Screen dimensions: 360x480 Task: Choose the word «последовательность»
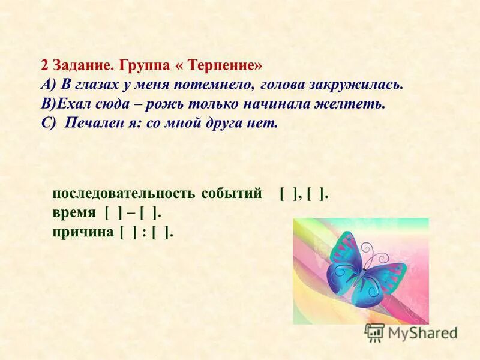pyautogui.click(x=124, y=194)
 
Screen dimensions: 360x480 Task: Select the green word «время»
pyautogui.click(x=73, y=213)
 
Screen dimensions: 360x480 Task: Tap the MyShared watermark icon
pyautogui.click(x=374, y=332)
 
